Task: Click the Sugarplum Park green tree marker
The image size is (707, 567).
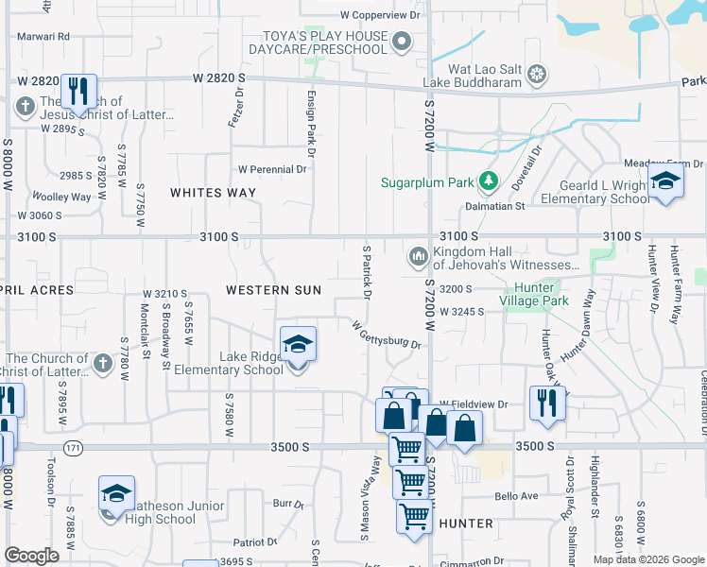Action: click(x=488, y=180)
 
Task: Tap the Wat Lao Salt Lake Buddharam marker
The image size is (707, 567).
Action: click(x=536, y=73)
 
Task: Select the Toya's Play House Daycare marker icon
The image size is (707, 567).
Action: click(x=402, y=41)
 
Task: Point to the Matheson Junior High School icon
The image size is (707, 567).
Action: click(x=116, y=496)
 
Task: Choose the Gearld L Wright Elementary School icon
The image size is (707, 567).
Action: click(x=665, y=181)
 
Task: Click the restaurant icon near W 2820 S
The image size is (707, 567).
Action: click(x=78, y=93)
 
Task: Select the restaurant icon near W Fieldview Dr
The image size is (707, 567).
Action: click(x=546, y=404)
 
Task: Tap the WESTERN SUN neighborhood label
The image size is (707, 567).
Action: click(x=272, y=289)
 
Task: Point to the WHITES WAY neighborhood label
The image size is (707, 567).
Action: click(x=213, y=193)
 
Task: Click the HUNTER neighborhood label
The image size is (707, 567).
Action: click(x=466, y=523)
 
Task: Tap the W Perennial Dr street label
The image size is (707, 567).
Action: click(x=272, y=170)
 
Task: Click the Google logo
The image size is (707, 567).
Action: click(x=32, y=556)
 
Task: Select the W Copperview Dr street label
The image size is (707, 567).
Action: click(x=379, y=16)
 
